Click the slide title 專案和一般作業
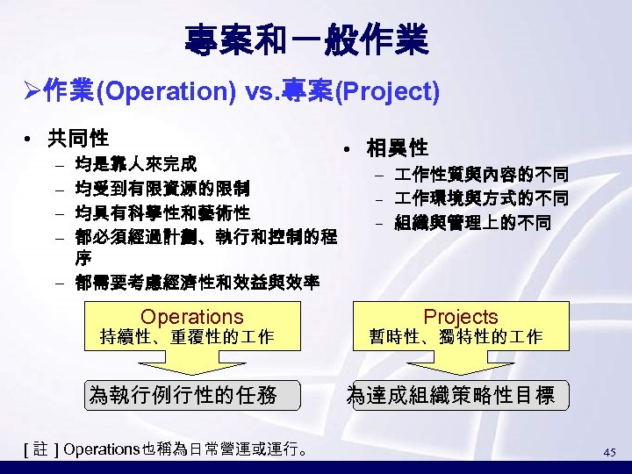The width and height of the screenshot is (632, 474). pyautogui.click(x=306, y=39)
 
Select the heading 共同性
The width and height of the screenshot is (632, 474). pyautogui.click(x=78, y=138)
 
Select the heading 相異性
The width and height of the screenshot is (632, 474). pyautogui.click(x=397, y=147)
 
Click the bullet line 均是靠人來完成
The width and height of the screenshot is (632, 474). pyautogui.click(x=136, y=163)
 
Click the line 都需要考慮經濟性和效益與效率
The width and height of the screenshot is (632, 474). pyautogui.click(x=197, y=283)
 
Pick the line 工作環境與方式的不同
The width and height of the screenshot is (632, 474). pyautogui.click(x=480, y=198)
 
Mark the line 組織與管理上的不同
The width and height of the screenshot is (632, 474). pyautogui.click(x=472, y=223)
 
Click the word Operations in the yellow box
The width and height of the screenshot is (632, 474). pyautogui.click(x=192, y=316)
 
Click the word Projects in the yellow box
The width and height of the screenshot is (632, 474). pyautogui.click(x=460, y=316)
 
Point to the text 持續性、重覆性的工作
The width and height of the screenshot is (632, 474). pyautogui.click(x=188, y=336)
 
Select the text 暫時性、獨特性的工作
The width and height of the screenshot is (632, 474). pyautogui.click(x=456, y=336)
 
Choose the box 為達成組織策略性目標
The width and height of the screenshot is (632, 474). pyautogui.click(x=451, y=396)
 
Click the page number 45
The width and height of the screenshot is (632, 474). pyautogui.click(x=610, y=452)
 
